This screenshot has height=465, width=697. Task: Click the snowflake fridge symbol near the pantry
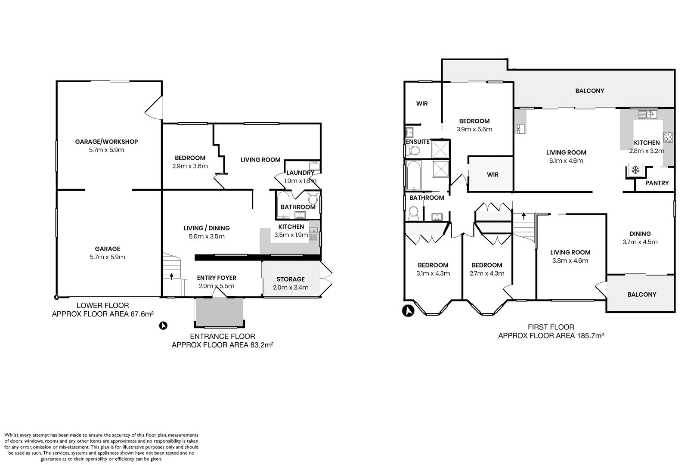point(635,170)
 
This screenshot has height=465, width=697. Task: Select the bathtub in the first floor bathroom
point(414,175)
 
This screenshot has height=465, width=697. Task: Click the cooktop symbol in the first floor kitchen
point(668,137)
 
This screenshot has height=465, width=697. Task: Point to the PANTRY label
point(657,183)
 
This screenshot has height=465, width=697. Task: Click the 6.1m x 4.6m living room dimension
point(566,161)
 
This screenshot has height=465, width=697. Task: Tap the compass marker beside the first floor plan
point(408,310)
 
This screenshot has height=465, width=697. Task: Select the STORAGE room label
point(291,279)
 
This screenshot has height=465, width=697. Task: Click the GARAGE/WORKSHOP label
point(106,142)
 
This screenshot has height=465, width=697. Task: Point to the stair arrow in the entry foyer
point(172,276)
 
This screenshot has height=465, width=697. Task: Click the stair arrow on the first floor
point(524,214)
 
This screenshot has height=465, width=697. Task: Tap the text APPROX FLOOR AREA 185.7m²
point(551,336)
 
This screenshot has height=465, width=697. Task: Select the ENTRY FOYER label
point(217,278)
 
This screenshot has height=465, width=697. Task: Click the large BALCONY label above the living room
point(590,91)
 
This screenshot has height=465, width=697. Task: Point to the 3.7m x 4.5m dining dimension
point(640,242)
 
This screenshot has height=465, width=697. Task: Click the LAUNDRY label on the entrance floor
point(300,173)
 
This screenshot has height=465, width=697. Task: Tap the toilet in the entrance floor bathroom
point(313,199)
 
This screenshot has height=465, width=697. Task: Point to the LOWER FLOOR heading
point(102,306)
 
